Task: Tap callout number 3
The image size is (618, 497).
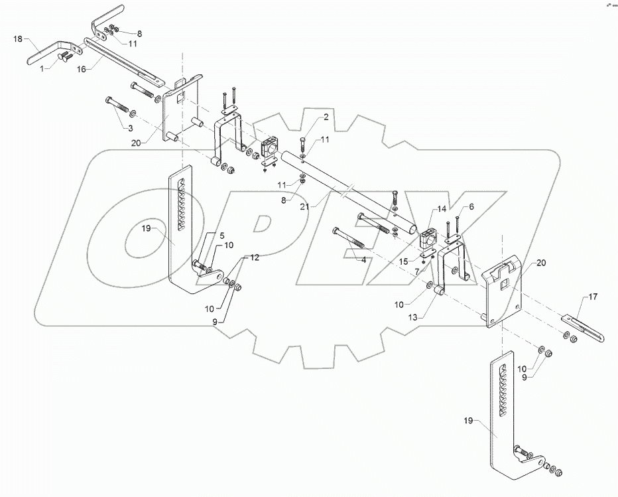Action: pyautogui.click(x=131, y=127)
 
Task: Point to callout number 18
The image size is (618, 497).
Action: pyautogui.click(x=19, y=40)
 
